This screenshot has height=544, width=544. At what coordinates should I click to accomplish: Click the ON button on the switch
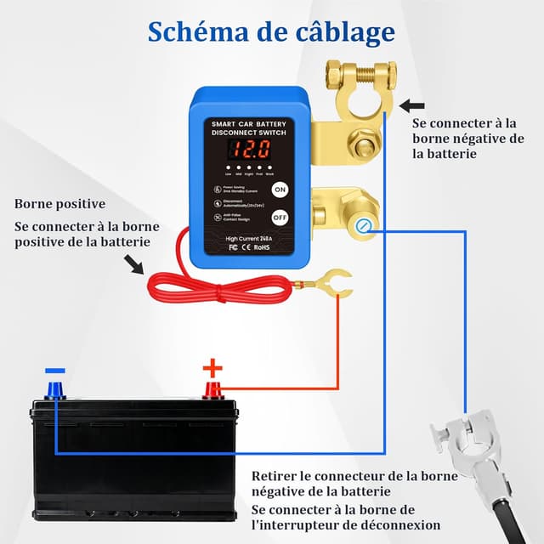[279, 190]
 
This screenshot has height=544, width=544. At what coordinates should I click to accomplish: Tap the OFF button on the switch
[279, 217]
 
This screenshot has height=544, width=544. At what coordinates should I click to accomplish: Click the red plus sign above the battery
[212, 368]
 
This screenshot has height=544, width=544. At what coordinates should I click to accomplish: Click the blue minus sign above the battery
[54, 371]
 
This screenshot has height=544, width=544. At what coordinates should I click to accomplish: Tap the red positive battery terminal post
[212, 390]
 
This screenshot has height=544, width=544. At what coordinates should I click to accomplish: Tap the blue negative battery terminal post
[55, 390]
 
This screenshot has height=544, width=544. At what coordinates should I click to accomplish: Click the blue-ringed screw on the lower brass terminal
[364, 225]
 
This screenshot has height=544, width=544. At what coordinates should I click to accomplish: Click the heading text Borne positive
[59, 204]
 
